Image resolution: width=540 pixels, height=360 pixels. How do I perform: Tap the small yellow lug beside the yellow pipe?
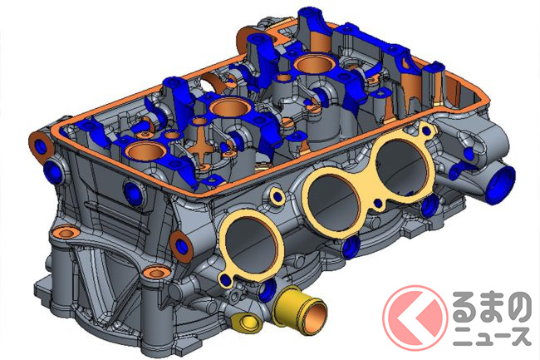click(246, 323)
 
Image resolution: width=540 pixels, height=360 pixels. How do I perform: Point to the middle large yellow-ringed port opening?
click(333, 204)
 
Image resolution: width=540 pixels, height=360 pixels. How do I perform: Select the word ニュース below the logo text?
click(491, 336)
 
